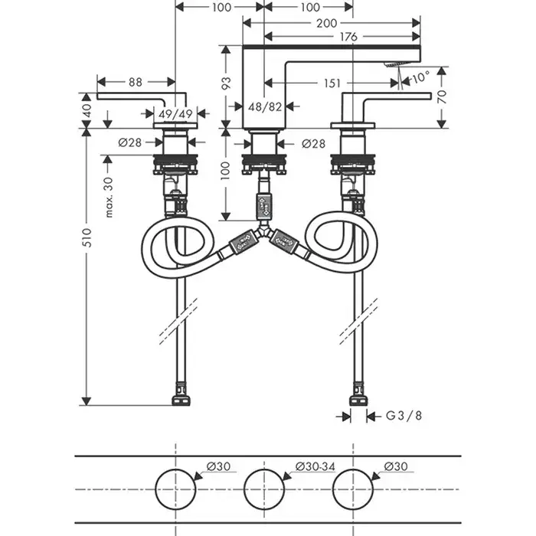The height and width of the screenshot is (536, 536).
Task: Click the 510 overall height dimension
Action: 87,237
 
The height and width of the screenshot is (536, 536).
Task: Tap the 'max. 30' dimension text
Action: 109,196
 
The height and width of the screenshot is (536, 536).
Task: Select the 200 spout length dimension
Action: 330,24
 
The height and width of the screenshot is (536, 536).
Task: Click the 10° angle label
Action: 420,77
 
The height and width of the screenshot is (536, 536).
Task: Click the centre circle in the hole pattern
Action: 265,487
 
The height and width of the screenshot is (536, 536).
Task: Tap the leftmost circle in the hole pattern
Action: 177,487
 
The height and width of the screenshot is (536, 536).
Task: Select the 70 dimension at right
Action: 441,97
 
